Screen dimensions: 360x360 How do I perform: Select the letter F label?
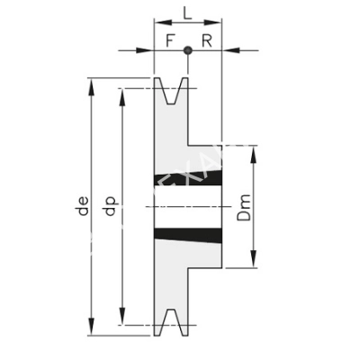pyautogui.click(x=170, y=40)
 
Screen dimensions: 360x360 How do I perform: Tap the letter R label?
pyautogui.click(x=206, y=40)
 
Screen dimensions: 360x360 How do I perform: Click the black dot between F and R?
pyautogui.click(x=187, y=50)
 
